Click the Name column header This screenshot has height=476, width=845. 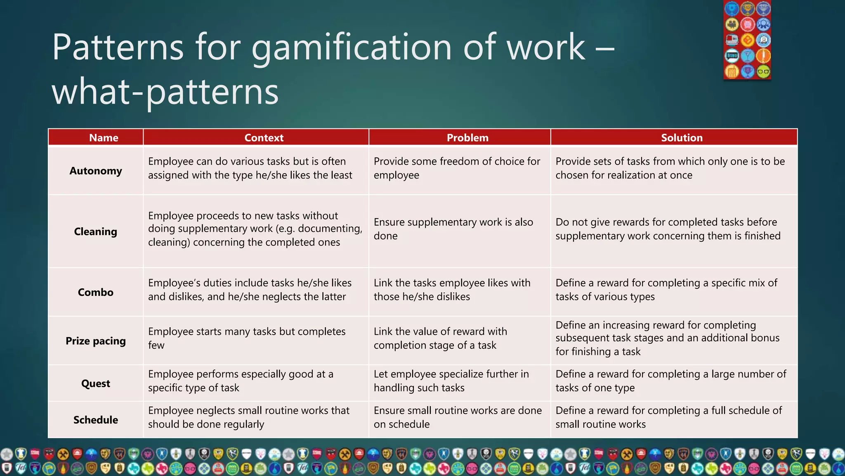[x=104, y=138]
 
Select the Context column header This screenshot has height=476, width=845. [x=264, y=138]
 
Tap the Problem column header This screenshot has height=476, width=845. [x=467, y=138]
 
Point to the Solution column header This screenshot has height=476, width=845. [x=682, y=138]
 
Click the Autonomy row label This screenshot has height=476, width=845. [x=96, y=171]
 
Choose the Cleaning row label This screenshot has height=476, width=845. [x=96, y=231]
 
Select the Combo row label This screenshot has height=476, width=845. [x=96, y=292]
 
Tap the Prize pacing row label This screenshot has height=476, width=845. [x=96, y=341]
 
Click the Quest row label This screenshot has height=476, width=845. [x=96, y=383]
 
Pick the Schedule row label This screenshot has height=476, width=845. [x=96, y=420]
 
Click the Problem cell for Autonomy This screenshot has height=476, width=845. [x=457, y=168]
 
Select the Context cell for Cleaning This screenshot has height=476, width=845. [x=255, y=228]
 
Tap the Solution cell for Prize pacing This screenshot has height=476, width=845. [x=667, y=338]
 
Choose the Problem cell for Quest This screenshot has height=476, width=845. [x=451, y=381]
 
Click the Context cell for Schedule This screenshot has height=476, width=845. [x=248, y=417]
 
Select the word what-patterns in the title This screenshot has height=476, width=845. [x=165, y=92]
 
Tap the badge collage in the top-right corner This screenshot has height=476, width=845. [x=747, y=40]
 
